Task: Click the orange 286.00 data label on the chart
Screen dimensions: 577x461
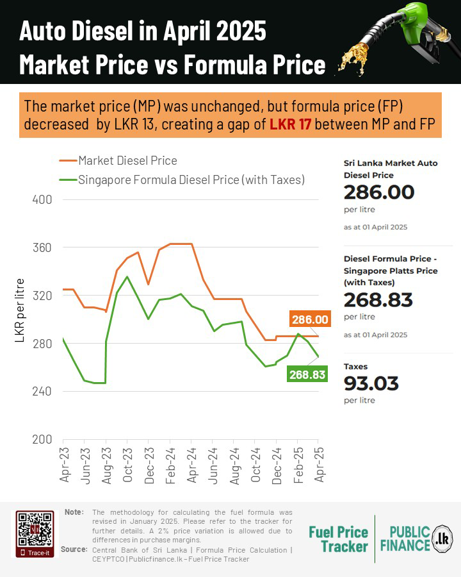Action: (x=310, y=319)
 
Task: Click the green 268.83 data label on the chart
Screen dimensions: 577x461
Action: (x=307, y=374)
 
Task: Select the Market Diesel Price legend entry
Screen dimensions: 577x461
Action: (x=127, y=160)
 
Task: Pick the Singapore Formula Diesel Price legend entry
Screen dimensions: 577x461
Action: (x=191, y=180)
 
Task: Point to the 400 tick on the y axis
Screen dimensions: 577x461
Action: (x=42, y=199)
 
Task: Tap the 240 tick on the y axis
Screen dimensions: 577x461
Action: (x=42, y=392)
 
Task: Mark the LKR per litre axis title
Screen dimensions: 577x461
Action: (x=20, y=310)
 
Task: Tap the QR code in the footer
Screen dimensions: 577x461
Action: (x=34, y=529)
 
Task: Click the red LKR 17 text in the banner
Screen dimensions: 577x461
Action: (x=290, y=124)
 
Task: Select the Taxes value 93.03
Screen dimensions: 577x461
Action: (x=371, y=383)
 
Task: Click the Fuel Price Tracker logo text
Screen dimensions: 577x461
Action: (x=338, y=539)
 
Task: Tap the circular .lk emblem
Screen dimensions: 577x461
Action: (x=442, y=537)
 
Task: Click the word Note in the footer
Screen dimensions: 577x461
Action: (x=74, y=512)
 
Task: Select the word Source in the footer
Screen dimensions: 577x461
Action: (x=74, y=550)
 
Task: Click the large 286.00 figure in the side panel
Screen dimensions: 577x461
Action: (x=379, y=192)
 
